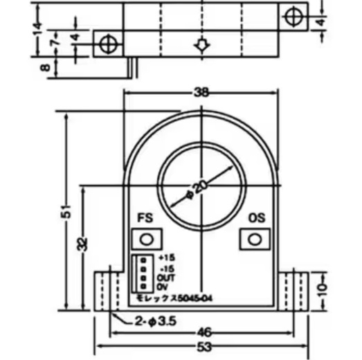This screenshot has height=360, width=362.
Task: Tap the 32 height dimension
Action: (x=82, y=244)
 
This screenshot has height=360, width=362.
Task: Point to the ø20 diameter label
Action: (x=198, y=189)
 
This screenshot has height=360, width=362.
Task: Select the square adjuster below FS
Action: (x=144, y=240)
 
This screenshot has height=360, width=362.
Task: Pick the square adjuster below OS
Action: (x=255, y=240)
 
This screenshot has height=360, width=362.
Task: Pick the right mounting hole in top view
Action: (x=292, y=15)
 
